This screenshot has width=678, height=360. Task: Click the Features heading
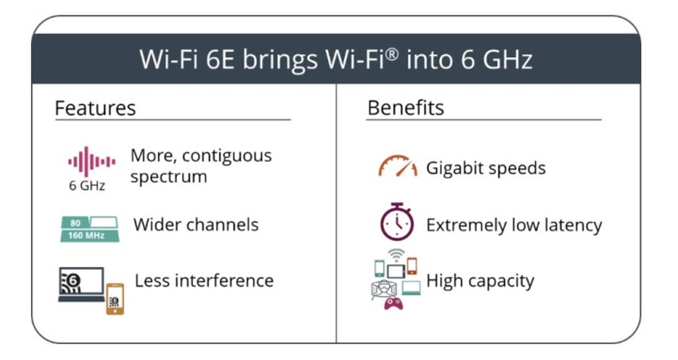(x=95, y=107)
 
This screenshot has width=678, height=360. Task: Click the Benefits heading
(x=405, y=107)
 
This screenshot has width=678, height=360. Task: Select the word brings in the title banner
(x=280, y=60)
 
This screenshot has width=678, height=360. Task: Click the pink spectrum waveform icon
(x=91, y=162)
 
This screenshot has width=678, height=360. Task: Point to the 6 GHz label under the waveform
(x=87, y=185)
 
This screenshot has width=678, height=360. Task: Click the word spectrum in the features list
(x=169, y=177)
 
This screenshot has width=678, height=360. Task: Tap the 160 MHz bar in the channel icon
(x=89, y=236)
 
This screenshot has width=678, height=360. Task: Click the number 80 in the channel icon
(x=75, y=223)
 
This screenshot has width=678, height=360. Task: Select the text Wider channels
(x=196, y=224)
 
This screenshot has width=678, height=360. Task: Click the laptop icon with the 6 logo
(x=82, y=284)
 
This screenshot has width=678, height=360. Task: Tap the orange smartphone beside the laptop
(x=115, y=299)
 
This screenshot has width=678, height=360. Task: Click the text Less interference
(x=204, y=281)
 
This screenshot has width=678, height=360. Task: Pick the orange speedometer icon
(x=398, y=166)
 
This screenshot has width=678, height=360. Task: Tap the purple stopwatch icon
(x=397, y=221)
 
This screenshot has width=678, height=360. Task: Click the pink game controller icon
(x=394, y=303)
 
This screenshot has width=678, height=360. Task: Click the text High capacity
(x=480, y=281)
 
